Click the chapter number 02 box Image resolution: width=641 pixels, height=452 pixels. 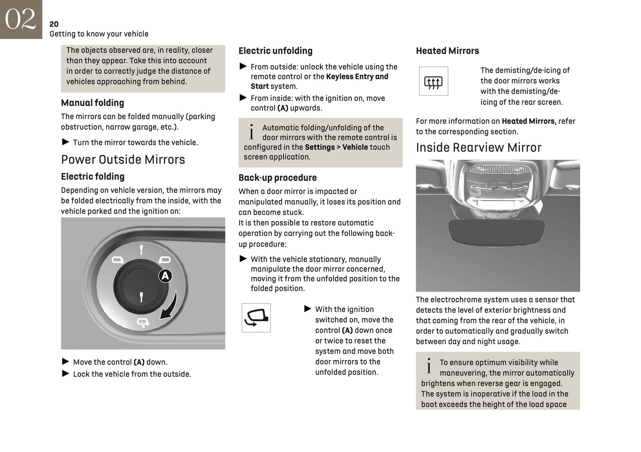click(x=20, y=19)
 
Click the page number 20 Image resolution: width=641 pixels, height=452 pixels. click(x=54, y=24)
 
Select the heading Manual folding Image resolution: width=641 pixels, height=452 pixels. click(x=92, y=103)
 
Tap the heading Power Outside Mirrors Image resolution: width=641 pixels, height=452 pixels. click(x=123, y=160)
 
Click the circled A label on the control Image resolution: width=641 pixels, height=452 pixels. click(x=165, y=276)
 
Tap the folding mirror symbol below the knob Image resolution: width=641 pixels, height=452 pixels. click(x=143, y=323)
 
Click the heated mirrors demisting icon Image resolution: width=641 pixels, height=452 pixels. click(x=433, y=82)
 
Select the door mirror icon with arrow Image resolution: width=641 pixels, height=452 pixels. click(x=256, y=318)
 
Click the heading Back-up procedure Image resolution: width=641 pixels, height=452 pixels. click(x=277, y=178)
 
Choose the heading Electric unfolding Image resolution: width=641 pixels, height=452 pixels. click(x=275, y=51)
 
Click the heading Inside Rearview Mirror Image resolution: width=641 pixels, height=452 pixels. click(x=478, y=148)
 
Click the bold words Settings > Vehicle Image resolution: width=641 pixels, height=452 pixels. click(x=336, y=147)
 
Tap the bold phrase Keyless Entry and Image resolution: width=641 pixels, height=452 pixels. click(x=357, y=77)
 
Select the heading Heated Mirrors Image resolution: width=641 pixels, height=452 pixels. click(x=447, y=51)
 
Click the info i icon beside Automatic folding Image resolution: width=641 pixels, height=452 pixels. click(x=252, y=132)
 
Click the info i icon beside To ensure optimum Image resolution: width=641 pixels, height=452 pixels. click(x=429, y=366)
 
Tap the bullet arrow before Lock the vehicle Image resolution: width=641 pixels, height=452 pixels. click(x=66, y=374)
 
